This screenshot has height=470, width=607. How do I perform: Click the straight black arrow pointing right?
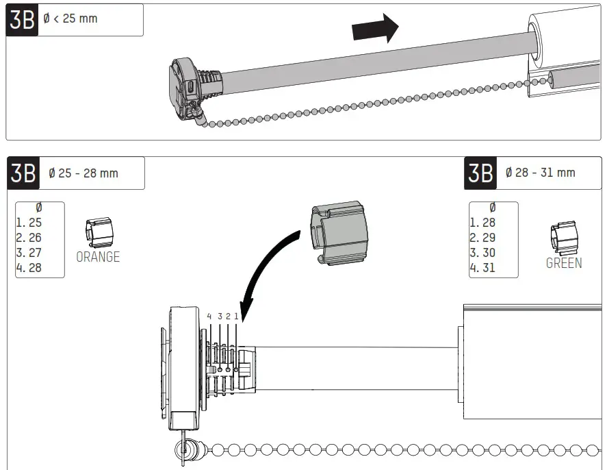click(x=374, y=29)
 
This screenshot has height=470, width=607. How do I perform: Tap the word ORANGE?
click(x=98, y=257)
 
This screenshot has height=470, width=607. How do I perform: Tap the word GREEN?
click(x=564, y=263)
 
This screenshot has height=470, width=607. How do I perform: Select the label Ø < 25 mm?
click(x=70, y=18)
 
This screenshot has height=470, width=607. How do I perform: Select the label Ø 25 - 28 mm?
click(x=83, y=173)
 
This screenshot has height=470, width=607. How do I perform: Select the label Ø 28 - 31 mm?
click(x=540, y=173)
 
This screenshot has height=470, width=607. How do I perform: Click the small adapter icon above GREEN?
click(x=563, y=238)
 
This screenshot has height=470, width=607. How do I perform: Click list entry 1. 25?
click(x=29, y=223)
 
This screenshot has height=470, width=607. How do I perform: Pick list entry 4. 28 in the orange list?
click(x=29, y=268)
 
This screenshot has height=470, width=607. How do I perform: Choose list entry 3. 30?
click(x=482, y=253)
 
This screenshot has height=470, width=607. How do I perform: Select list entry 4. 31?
click(x=482, y=268)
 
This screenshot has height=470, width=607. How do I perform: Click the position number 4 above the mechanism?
click(x=209, y=317)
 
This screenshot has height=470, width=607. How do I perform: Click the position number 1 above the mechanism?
click(x=237, y=317)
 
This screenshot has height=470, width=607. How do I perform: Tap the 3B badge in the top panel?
click(x=22, y=20)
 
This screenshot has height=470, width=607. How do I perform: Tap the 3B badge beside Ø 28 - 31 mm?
click(x=480, y=173)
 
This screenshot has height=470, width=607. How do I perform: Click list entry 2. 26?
click(x=29, y=238)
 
